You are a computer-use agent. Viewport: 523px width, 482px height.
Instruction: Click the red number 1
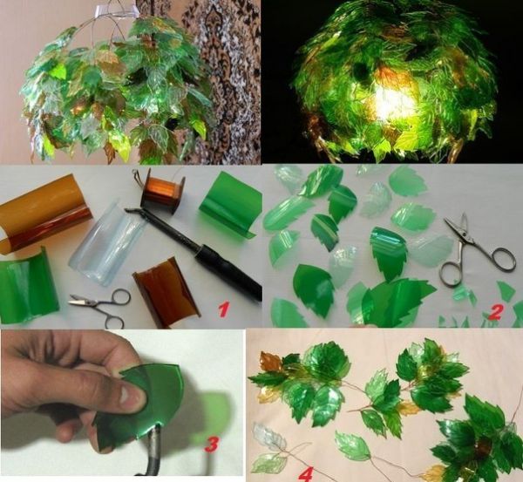[222, 307]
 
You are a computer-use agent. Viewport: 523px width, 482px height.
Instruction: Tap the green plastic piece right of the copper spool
[230, 204]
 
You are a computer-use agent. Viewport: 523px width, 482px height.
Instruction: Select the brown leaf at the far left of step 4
[271, 361]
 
